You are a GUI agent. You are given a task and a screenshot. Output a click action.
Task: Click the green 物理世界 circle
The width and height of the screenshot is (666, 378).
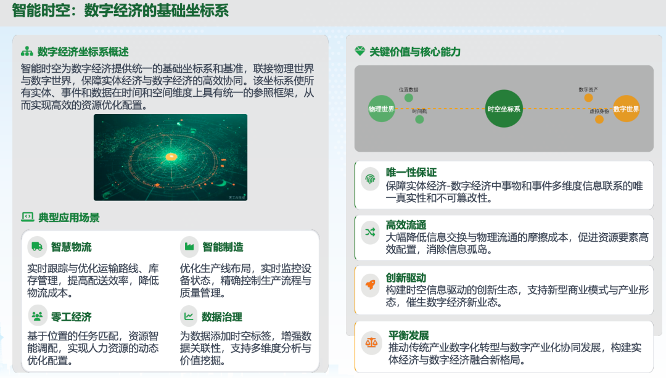[381, 109]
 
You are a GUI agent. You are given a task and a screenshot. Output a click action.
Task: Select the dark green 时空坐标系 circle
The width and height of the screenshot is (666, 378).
[504, 109]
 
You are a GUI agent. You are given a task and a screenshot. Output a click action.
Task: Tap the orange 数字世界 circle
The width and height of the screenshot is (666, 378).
[626, 109]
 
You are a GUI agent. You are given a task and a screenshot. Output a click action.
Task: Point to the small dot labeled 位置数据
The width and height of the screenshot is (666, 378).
[408, 97]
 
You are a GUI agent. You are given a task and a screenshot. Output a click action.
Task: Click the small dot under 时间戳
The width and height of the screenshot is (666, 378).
[419, 119]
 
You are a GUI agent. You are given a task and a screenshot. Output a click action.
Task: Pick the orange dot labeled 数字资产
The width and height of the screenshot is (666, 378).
[588, 97]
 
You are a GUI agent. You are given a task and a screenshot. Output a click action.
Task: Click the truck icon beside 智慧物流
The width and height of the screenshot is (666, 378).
[37, 247]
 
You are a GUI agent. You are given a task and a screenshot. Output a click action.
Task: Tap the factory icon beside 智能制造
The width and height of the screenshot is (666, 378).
[189, 247]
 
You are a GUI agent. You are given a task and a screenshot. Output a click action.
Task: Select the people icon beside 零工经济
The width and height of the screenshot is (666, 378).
[37, 316]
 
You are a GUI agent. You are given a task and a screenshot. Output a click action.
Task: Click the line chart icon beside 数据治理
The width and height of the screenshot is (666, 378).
[189, 316]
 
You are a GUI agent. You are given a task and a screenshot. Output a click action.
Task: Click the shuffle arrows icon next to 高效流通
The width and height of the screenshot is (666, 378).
[370, 232]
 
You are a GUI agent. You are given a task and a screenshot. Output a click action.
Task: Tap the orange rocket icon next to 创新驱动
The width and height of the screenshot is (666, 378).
[370, 284]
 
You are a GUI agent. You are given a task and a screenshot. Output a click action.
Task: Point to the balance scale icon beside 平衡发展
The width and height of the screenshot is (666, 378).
[372, 340]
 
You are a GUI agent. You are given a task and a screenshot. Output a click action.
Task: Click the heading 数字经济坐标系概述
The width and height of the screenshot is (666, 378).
[83, 51]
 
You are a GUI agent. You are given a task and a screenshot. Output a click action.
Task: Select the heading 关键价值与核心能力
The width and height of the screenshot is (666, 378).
[415, 52]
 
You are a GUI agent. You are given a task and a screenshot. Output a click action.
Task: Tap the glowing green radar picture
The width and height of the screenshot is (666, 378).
[170, 157]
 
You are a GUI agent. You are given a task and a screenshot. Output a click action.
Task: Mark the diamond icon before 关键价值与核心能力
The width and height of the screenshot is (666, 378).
[360, 52]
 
